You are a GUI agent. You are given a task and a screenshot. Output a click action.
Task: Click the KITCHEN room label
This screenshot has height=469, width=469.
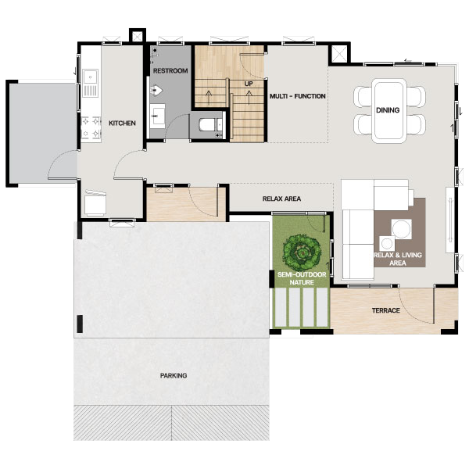click(x=122, y=123)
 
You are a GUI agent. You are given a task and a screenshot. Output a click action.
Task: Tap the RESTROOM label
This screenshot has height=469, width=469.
click(x=170, y=71)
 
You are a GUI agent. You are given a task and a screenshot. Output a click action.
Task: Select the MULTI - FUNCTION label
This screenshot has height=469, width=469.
click(x=298, y=96)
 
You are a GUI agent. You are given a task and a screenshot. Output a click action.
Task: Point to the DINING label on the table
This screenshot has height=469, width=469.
click(x=388, y=110)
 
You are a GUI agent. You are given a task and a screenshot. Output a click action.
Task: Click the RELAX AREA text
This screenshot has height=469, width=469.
click(x=281, y=199)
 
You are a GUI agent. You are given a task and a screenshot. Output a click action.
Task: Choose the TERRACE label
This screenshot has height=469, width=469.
click(x=386, y=310)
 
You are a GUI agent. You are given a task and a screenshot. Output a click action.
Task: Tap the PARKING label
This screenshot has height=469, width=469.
click(x=174, y=375)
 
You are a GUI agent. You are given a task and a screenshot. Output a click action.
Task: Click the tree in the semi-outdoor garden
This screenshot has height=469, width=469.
click(x=302, y=252)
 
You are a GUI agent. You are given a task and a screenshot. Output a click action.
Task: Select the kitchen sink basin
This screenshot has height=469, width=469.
click(x=90, y=77)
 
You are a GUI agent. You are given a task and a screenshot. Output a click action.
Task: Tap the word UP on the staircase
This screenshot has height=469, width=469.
click(x=249, y=84)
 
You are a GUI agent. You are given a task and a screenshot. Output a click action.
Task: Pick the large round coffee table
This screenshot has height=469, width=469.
click(x=402, y=229)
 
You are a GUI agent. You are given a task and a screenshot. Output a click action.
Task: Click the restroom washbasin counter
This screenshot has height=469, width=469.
click(x=157, y=116)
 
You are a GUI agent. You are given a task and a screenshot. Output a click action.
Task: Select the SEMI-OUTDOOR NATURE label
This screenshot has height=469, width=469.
click(x=302, y=278)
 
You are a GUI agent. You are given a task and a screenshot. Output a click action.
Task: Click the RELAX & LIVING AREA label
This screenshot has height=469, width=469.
click(x=398, y=259)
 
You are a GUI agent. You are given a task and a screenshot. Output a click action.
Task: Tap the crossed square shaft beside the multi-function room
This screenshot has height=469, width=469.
click(x=339, y=54)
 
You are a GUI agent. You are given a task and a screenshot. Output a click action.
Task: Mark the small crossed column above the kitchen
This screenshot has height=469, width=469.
click(x=138, y=37)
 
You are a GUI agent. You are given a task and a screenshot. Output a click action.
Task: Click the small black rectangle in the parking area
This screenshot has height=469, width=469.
click(x=80, y=324)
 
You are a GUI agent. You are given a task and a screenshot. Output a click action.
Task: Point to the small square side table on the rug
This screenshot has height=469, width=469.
click(x=387, y=243)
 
